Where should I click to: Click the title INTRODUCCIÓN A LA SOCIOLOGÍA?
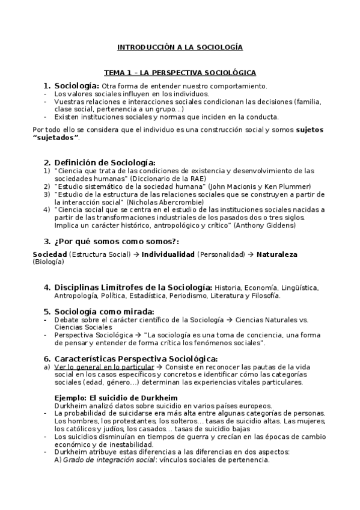pos(180,47)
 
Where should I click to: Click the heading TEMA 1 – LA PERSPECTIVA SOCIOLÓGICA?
pos(180,73)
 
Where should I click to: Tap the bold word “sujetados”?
pos(56,138)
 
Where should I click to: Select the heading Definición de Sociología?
pos(105,162)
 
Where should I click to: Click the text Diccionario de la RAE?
pos(167,179)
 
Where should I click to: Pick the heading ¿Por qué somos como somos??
pos(108,242)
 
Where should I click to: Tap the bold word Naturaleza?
pos(276,254)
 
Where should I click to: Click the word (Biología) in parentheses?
pos(48,262)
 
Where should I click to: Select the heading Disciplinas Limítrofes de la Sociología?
pos(133,287)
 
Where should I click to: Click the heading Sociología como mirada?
pos(103,312)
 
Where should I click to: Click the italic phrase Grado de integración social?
pos(105,460)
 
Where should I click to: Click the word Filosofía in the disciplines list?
pos(264,295)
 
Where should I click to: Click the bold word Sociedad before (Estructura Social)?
pos(49,254)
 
